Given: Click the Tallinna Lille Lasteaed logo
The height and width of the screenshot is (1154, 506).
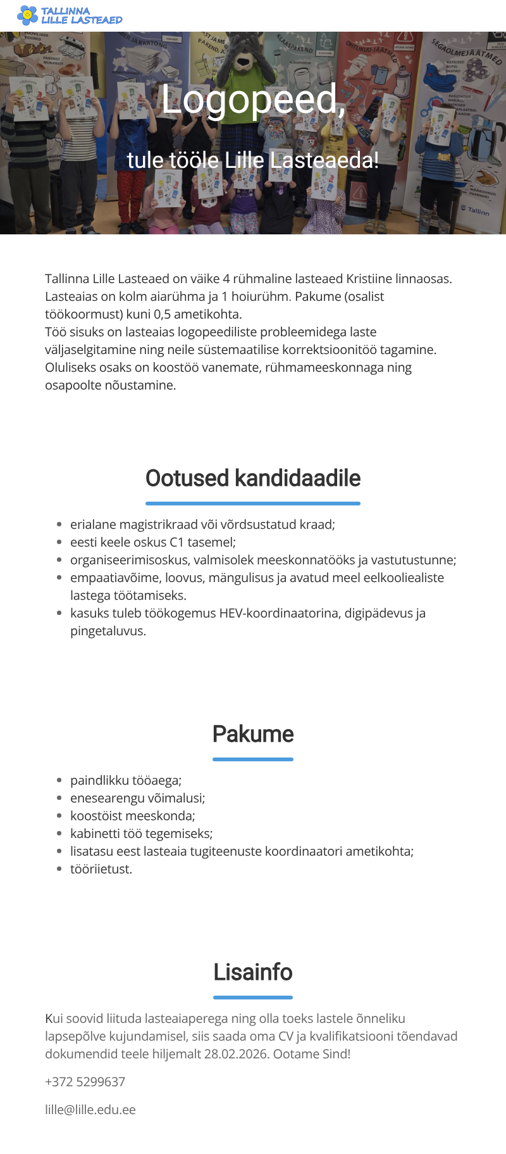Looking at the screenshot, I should point(70,15).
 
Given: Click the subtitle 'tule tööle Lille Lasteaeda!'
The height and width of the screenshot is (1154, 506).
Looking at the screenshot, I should point(253,160).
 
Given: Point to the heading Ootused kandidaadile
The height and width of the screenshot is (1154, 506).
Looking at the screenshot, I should point(253,478).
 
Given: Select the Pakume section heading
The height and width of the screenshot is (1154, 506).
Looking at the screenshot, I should point(253,734).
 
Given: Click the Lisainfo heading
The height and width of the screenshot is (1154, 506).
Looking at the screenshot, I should point(253,972).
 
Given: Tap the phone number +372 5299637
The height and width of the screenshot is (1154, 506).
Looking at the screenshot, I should point(85,1082).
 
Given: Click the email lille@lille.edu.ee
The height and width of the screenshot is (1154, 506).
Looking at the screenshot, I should point(90,1110).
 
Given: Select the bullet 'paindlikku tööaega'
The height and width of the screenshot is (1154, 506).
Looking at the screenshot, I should point(126,780).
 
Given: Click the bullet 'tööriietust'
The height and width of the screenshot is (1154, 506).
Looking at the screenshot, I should point(101,869).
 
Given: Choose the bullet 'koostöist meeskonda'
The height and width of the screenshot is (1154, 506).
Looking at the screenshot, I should point(133,816).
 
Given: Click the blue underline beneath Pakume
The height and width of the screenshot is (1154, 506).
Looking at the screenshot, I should point(253,759).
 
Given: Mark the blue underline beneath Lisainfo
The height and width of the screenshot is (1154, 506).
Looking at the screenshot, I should point(253,997).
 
